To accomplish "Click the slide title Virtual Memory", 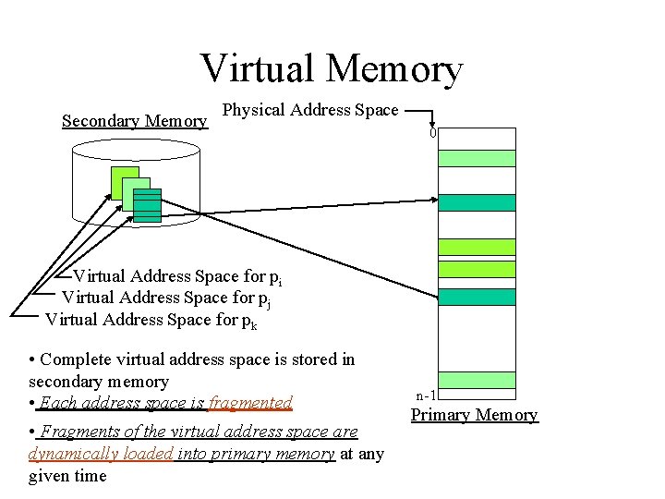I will coord(331,69).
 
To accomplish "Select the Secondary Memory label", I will coord(134,121).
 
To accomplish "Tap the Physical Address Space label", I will coord(310,110).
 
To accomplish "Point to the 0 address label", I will coord(432,133).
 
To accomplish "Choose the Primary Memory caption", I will coord(474,415).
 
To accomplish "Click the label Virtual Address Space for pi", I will coord(177,276).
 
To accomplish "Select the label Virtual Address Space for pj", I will coord(165,298).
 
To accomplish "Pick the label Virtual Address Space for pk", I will coord(152,320).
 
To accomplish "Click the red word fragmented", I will coord(250,403).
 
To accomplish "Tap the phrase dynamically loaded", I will coord(102,454).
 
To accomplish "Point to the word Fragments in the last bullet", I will coord(77,432).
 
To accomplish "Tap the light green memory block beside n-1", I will coord(477,380).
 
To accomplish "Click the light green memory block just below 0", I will coord(477,158).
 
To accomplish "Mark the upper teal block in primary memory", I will coord(477,202).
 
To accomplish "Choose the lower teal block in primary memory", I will coord(477,297).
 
